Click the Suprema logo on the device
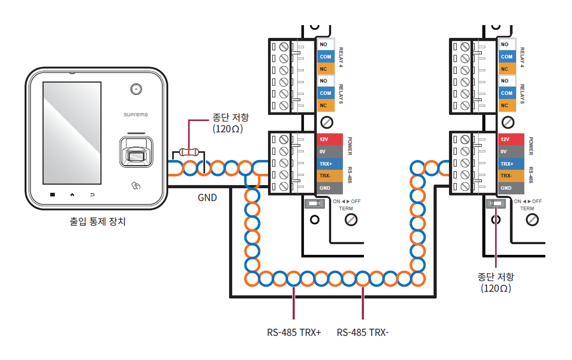136,115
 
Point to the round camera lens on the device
136,89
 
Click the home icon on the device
72,195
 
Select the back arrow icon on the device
92,195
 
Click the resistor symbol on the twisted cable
189,152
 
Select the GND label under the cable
207,197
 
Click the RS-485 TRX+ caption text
294,332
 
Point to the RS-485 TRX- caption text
362,332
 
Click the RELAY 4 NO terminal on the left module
325,45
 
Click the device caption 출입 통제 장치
97,223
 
